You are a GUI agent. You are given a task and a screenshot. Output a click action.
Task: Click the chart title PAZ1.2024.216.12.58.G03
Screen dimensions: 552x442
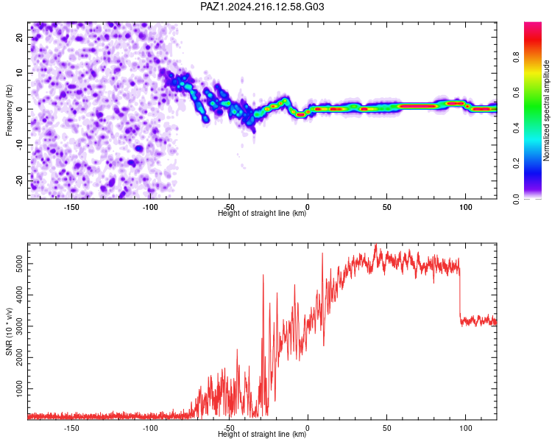(262, 7)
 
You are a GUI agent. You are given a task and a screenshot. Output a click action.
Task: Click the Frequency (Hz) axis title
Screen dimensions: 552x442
(9, 110)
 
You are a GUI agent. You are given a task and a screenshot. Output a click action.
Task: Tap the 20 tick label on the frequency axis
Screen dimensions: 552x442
(19, 37)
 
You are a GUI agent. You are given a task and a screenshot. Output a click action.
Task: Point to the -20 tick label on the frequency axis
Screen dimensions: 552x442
(19, 180)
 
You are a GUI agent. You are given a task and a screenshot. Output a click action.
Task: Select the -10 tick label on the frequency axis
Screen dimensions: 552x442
(19, 145)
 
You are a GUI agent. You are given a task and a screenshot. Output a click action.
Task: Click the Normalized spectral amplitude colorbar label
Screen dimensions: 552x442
(546, 110)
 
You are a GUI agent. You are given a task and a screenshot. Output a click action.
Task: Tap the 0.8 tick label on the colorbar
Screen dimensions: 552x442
(516, 57)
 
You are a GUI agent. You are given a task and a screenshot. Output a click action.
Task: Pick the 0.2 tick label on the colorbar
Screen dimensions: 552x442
(516, 164)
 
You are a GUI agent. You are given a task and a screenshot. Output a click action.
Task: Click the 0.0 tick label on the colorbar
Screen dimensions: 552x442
(516, 199)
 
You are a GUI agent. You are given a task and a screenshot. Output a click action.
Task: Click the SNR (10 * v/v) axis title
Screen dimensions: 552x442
(9, 331)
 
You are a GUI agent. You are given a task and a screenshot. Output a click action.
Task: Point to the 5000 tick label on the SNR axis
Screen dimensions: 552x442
(19, 264)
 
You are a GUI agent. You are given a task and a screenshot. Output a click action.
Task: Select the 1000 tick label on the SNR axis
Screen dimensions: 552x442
(19, 389)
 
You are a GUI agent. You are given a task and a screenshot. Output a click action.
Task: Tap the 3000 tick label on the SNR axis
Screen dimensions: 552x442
(19, 326)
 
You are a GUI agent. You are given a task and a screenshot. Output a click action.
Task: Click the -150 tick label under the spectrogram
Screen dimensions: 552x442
(71, 207)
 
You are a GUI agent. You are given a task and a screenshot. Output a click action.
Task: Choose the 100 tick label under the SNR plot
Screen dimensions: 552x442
(465, 428)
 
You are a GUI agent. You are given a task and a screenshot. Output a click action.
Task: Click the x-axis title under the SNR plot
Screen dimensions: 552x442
(262, 434)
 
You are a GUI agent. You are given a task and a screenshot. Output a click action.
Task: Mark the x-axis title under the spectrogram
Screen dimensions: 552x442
(262, 213)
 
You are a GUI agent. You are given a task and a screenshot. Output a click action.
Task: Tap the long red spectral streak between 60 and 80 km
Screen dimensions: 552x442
(417, 106)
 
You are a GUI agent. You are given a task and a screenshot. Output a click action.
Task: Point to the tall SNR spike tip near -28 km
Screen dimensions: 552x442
(263, 275)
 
